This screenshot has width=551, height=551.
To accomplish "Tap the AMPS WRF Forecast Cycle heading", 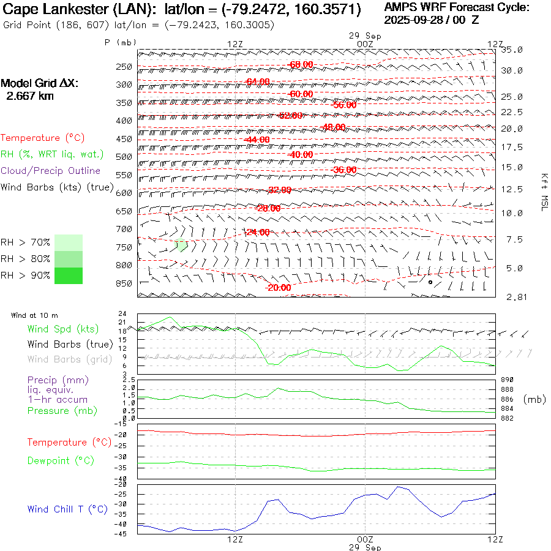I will pos(456,7).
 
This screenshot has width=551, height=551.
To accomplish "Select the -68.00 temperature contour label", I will pos(301,64).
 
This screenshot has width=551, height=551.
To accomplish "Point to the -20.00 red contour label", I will pos(278,288).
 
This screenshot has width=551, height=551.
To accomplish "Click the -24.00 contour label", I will pos(257,232).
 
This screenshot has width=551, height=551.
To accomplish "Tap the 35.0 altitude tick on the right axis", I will pos(512,50).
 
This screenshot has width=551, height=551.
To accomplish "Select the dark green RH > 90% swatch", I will pos(69,275).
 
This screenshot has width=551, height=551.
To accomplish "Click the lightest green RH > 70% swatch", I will pos(69,242).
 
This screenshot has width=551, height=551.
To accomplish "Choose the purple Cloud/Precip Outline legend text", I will pos(50,171).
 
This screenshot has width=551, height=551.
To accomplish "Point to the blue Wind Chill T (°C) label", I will pos(67,509).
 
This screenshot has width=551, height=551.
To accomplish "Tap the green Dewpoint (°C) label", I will pos(60,460).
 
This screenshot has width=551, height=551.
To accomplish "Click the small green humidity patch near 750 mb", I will pos(181,246).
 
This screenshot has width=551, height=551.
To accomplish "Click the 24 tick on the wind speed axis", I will pos(122,313).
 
